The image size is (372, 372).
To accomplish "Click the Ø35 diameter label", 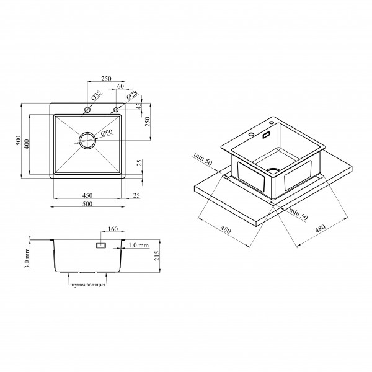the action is (x=96, y=95).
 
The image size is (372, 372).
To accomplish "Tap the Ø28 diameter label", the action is (x=133, y=95).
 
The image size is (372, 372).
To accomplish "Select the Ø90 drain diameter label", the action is (x=107, y=133).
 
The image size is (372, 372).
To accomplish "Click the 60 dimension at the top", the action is (x=120, y=86).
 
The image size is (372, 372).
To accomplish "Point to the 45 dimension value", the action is (x=139, y=106).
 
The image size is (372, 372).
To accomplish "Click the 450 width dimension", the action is (x=87, y=195).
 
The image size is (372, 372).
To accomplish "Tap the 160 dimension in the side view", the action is (x=113, y=229).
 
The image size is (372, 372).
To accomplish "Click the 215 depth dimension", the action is (x=157, y=255).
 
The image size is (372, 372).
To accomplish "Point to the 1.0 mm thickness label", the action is (x=139, y=245).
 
